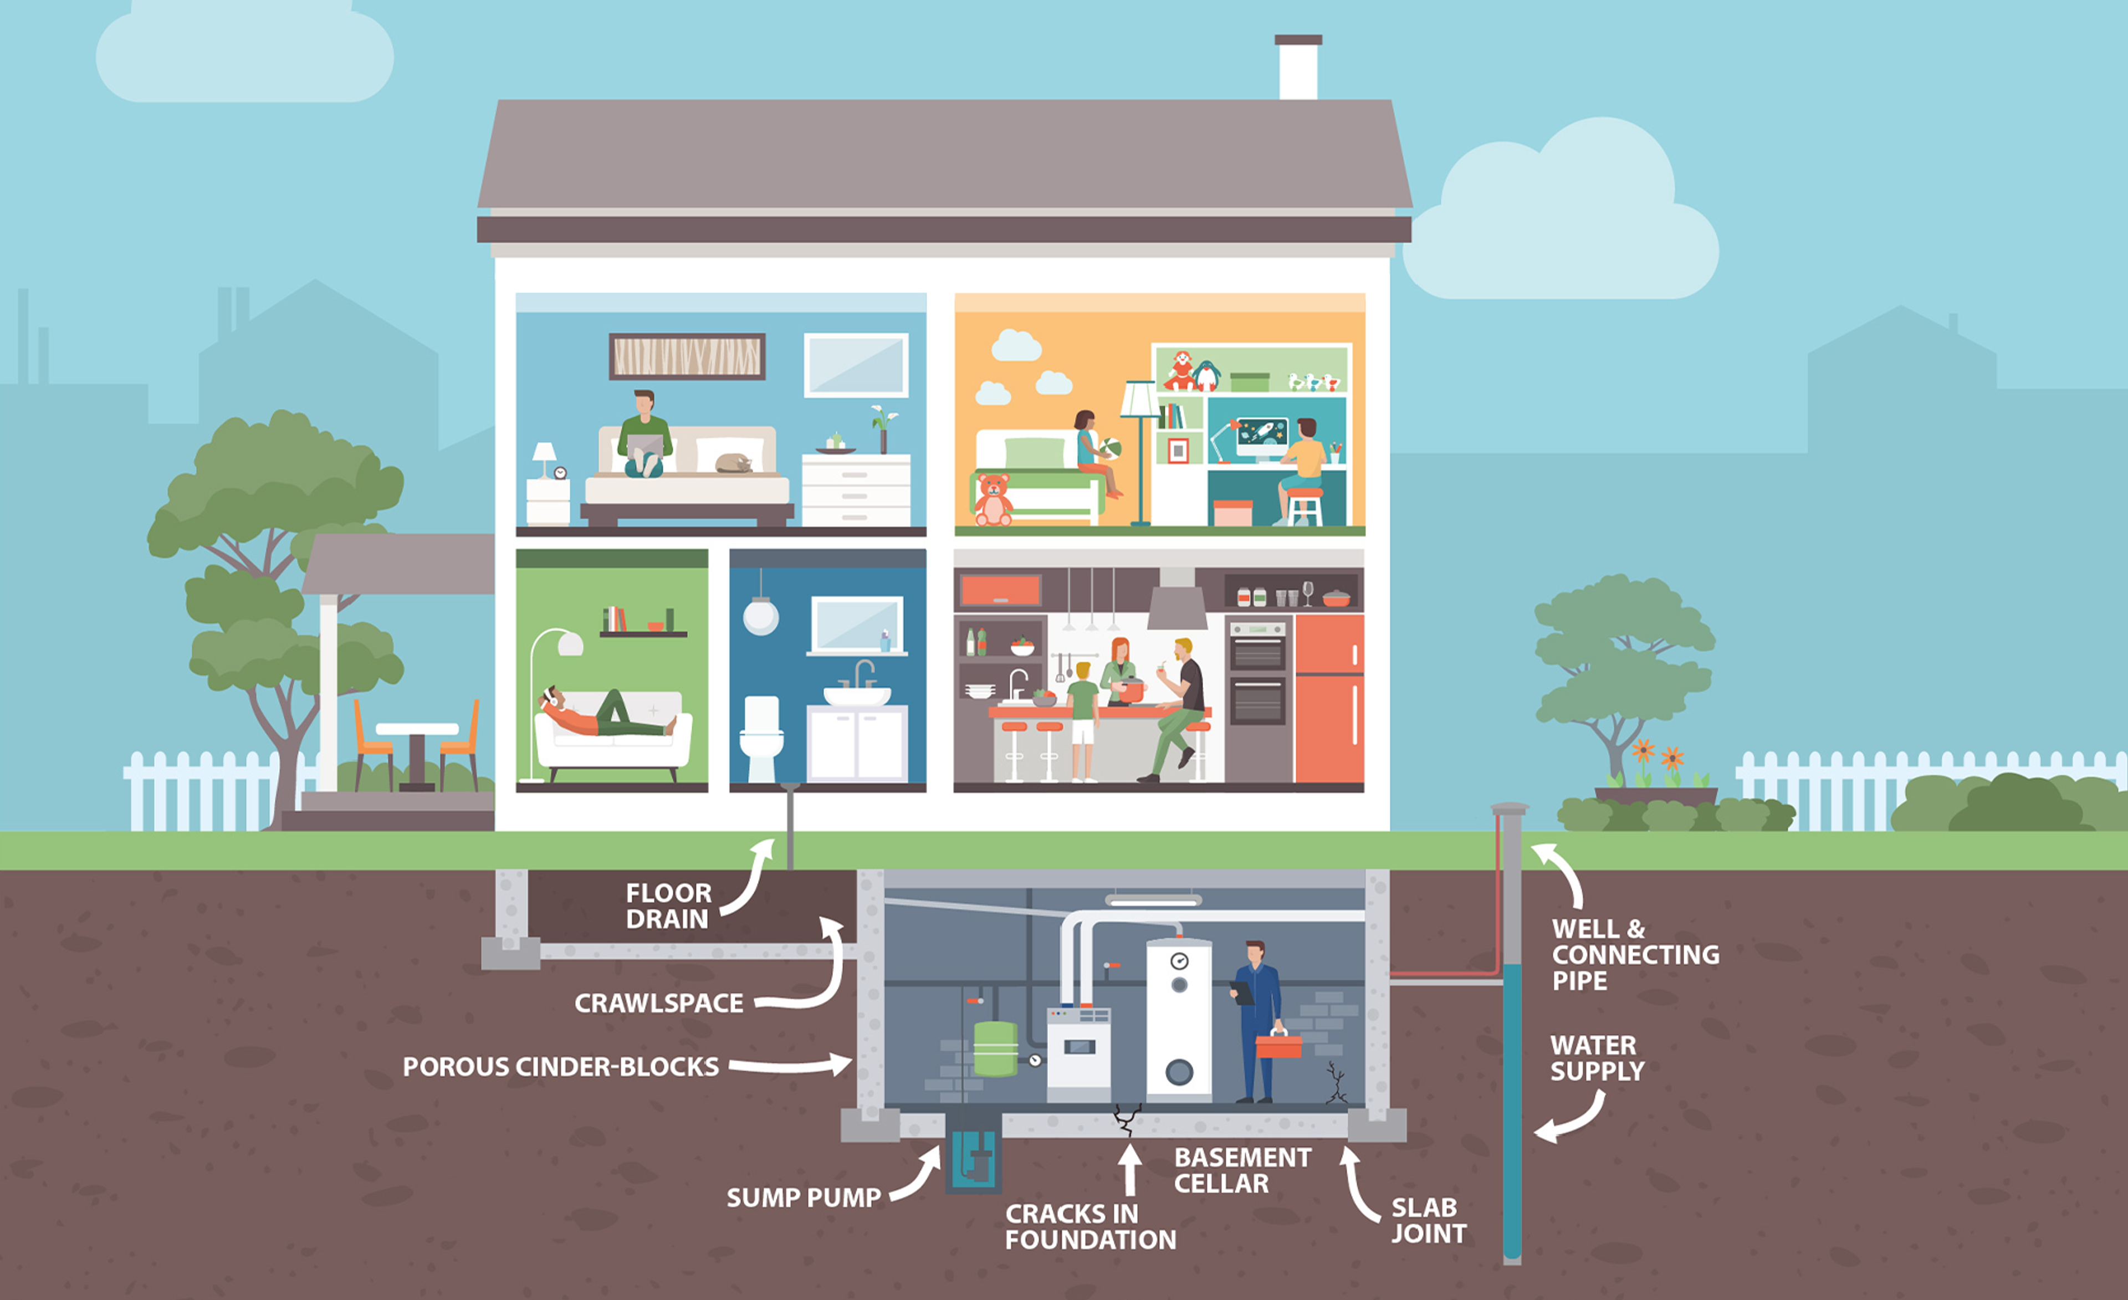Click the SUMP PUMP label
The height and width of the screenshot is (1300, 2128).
[x=803, y=1197]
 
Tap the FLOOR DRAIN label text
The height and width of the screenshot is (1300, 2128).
[x=668, y=905]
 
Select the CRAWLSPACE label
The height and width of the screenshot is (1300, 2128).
[x=658, y=1003]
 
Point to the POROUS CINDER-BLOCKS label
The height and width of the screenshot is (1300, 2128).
[x=560, y=1067]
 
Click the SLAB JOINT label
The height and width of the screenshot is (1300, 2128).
[x=1428, y=1220]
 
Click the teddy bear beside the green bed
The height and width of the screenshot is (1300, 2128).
[x=993, y=499]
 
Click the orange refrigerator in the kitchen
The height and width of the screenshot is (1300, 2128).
[x=1329, y=698]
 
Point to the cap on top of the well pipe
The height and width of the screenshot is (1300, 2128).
[x=1510, y=808]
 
